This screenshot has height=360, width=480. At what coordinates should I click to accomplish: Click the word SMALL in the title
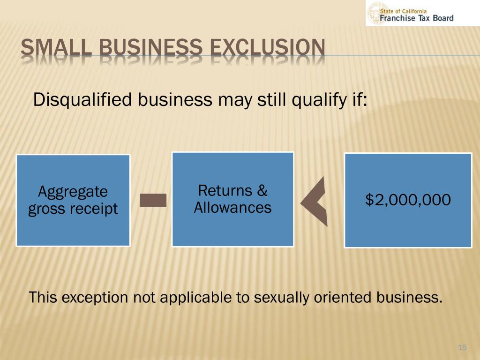56,47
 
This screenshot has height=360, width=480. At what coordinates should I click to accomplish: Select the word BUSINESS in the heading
150,47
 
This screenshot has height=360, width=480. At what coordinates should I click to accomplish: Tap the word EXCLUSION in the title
267,47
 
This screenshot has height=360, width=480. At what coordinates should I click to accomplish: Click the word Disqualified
82,100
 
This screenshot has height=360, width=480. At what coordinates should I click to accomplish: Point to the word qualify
318,100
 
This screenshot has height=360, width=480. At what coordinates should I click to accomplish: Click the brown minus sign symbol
153,200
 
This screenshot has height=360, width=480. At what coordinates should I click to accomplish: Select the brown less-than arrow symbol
314,202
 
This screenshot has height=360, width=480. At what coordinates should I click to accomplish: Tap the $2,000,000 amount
408,200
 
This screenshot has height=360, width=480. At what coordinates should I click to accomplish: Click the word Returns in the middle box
225,190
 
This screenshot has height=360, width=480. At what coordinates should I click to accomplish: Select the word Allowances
232,207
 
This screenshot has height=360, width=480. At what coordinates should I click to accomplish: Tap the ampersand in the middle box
262,190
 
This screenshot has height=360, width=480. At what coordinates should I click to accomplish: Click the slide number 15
462,347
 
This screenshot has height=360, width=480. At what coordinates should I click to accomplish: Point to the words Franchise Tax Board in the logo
417,18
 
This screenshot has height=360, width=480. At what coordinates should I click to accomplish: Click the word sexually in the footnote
282,298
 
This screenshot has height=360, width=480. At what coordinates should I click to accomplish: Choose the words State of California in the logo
403,11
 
